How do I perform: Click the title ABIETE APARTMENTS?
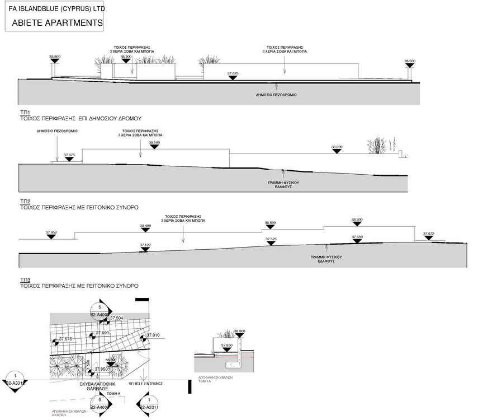(x=57, y=23)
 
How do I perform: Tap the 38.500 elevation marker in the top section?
(x=410, y=61)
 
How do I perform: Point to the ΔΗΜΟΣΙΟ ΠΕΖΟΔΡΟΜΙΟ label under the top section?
(x=276, y=95)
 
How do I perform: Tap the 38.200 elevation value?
(x=337, y=147)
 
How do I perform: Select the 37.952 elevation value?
(x=51, y=232)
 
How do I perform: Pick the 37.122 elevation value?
(x=145, y=245)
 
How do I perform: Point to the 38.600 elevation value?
(x=270, y=223)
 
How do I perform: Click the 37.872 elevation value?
(x=429, y=234)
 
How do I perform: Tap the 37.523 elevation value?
(x=271, y=239)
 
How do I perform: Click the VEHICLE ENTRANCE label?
(x=146, y=384)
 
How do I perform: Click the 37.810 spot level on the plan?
(x=153, y=335)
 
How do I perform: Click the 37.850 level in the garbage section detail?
(x=226, y=345)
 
